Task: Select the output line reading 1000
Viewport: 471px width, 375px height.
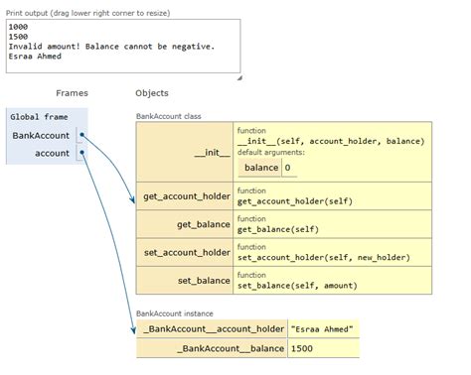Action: click(x=18, y=27)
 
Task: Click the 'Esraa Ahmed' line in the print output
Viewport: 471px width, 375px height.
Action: click(x=35, y=56)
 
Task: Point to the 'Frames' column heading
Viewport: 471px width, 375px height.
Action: click(x=72, y=93)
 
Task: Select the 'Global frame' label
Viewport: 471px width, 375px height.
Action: click(x=40, y=117)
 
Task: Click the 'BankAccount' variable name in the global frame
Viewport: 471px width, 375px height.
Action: click(x=40, y=135)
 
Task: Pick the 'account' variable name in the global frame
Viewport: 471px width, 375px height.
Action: click(x=52, y=153)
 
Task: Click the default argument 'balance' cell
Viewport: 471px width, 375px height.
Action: click(x=259, y=169)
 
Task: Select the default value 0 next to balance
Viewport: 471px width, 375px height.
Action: click(x=287, y=169)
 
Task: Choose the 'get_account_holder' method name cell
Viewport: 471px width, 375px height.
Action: click(x=188, y=196)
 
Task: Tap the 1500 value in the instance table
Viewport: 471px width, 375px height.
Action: click(x=303, y=349)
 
